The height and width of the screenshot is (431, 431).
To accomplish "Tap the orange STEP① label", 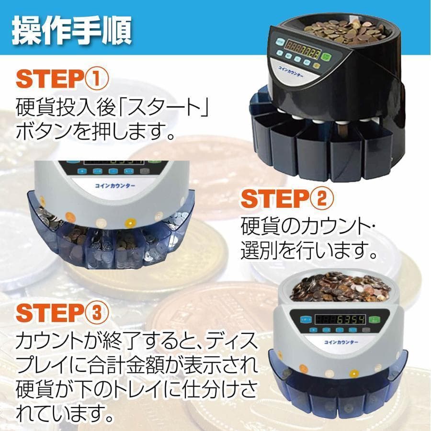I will tap(63, 79).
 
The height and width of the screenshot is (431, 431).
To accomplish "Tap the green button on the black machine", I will tap(327, 58).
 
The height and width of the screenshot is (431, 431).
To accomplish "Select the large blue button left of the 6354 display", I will tap(302, 319).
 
